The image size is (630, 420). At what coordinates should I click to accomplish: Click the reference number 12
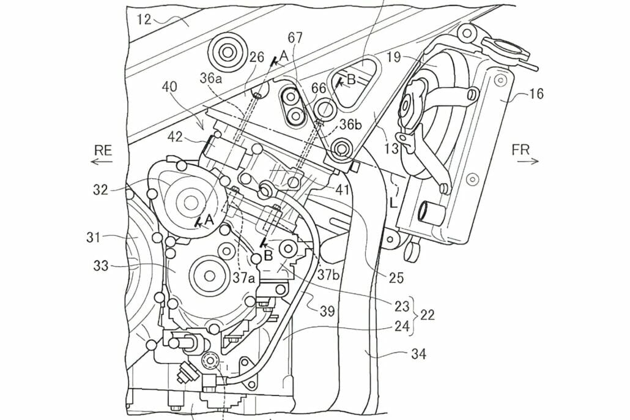144,19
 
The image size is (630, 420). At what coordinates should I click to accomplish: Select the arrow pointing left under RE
102,162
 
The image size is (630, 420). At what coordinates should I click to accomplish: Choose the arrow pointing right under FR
527,162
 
